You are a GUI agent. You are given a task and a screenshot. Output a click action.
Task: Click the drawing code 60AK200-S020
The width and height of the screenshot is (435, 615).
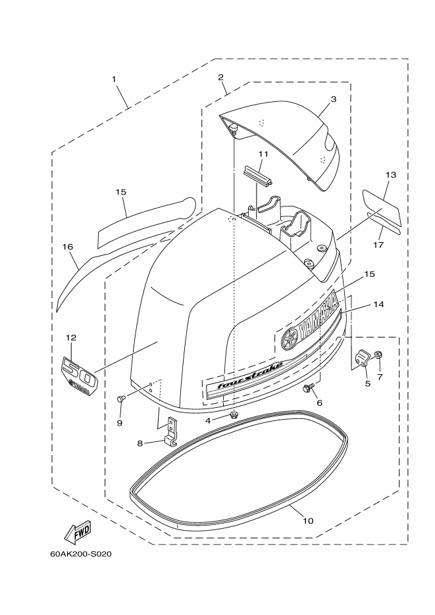click(80, 554)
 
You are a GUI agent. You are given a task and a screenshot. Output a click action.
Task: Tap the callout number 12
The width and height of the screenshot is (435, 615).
click(71, 337)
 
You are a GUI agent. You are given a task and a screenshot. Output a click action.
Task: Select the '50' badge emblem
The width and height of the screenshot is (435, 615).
click(78, 376)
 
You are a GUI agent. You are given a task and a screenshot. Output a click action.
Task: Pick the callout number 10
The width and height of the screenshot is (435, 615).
click(308, 521)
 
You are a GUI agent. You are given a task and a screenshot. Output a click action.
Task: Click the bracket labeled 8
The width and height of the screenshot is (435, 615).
click(171, 432)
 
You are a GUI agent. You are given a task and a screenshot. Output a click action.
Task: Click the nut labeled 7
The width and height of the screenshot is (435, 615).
click(378, 355)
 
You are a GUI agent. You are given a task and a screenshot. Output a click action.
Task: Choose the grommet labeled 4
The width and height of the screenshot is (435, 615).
click(234, 415)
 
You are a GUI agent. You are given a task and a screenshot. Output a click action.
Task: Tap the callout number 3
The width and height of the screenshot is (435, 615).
click(334, 99)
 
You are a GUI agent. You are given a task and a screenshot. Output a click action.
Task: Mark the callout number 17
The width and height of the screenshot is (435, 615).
click(378, 245)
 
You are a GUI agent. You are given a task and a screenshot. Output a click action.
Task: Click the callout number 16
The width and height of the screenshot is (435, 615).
click(68, 247)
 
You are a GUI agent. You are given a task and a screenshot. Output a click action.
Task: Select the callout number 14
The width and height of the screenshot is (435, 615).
click(378, 304)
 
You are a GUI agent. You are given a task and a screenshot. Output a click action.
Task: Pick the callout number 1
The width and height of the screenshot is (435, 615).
click(114, 79)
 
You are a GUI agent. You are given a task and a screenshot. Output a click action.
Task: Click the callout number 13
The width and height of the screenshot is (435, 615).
click(391, 174)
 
